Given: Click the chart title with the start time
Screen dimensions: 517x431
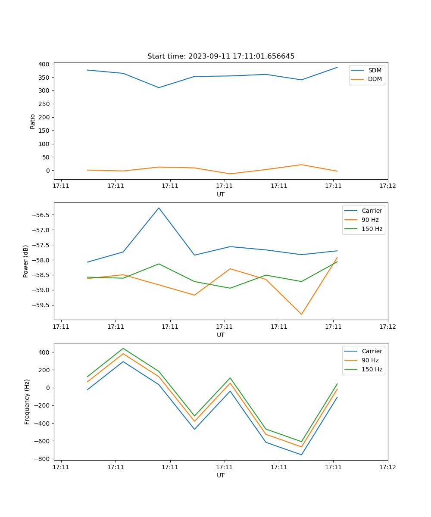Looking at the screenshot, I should click(x=221, y=56).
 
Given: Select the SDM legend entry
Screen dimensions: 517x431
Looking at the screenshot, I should click(x=375, y=70).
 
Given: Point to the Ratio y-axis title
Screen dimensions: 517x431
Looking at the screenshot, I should click(x=33, y=121).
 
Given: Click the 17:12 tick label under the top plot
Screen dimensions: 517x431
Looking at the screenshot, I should click(x=387, y=186).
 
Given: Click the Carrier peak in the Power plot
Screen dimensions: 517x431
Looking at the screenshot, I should click(x=159, y=208).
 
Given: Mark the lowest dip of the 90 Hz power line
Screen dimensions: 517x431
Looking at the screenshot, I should click(x=301, y=314).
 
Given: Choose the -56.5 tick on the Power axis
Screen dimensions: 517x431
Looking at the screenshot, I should click(x=41, y=215).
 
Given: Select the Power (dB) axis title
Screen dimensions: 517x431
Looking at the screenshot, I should click(x=26, y=261).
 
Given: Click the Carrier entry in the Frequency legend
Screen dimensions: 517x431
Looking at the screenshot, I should click(x=372, y=351).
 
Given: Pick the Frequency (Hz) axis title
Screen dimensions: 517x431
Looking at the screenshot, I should click(x=27, y=402).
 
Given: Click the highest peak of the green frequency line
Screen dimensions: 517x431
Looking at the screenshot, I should click(x=123, y=348).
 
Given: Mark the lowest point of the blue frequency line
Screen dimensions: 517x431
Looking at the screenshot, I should click(x=301, y=455).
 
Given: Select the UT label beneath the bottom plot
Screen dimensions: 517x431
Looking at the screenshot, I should click(x=221, y=475).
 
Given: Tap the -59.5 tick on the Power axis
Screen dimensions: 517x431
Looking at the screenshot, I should click(x=41, y=305).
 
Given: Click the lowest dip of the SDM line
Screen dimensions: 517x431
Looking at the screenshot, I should click(x=159, y=87).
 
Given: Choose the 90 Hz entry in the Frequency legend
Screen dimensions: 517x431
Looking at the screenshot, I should click(x=370, y=360).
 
